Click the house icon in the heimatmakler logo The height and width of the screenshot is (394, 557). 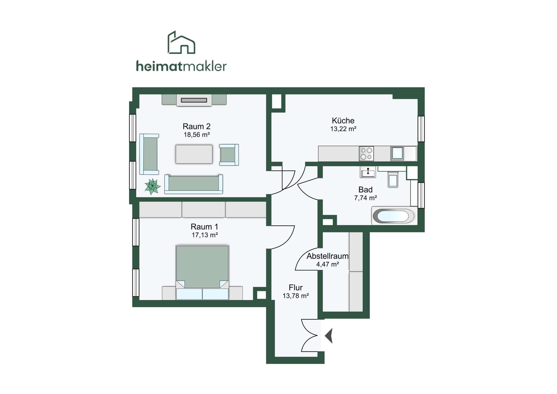pyautogui.click(x=181, y=42)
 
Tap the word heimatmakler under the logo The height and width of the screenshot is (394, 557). pyautogui.click(x=181, y=66)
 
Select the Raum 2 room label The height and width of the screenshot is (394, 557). pyautogui.click(x=196, y=126)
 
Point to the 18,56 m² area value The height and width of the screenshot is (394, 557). pyautogui.click(x=196, y=135)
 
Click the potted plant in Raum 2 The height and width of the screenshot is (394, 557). pyautogui.click(x=152, y=186)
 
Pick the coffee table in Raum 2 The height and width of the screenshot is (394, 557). pyautogui.click(x=194, y=154)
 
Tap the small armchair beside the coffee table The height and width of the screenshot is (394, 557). pyautogui.click(x=229, y=155)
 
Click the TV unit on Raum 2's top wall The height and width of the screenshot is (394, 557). pyautogui.click(x=194, y=100)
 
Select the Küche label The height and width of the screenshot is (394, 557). pyautogui.click(x=343, y=120)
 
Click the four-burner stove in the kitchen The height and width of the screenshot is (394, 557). pyautogui.click(x=366, y=154)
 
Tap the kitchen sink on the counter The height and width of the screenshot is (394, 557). pyautogui.click(x=397, y=153)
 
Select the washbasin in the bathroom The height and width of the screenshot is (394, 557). pyautogui.click(x=368, y=172)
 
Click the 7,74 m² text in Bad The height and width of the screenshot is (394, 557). pyautogui.click(x=365, y=198)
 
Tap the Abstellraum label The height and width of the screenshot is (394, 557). pyautogui.click(x=328, y=256)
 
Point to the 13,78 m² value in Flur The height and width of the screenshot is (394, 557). pyautogui.click(x=296, y=296)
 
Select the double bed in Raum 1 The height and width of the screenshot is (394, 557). pyautogui.click(x=202, y=272)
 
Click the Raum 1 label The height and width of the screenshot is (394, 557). pyautogui.click(x=204, y=227)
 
